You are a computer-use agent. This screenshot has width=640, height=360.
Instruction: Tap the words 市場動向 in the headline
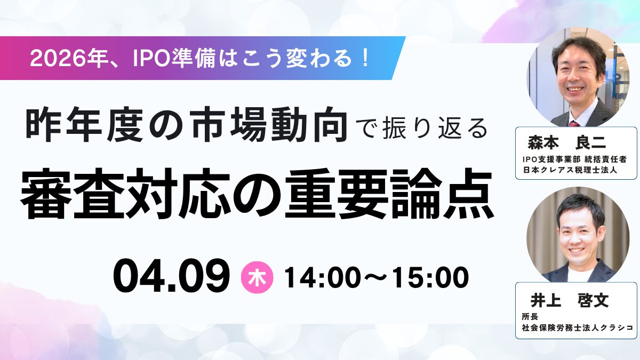pyautogui.click(x=269, y=124)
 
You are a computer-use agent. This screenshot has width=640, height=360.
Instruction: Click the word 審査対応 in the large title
pyautogui.click(x=126, y=194)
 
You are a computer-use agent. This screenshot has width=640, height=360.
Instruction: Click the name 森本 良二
pyautogui.click(x=566, y=142)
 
